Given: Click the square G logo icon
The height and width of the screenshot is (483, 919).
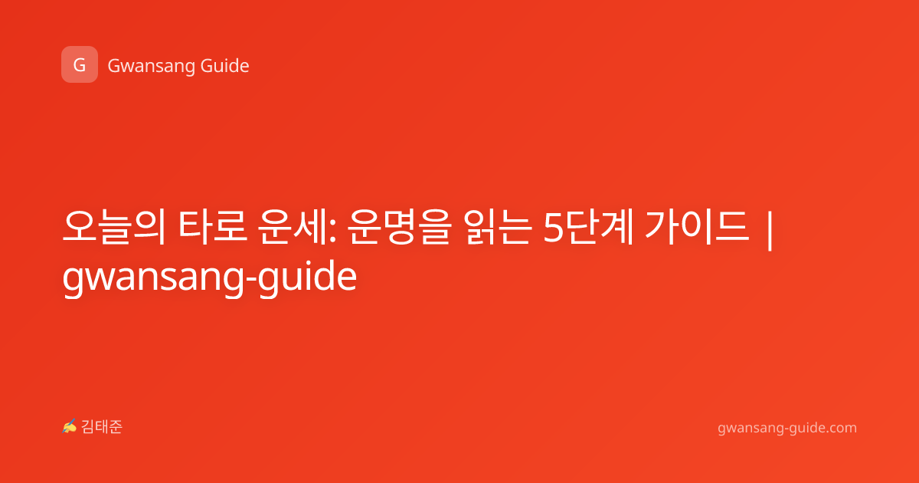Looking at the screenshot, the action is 80,64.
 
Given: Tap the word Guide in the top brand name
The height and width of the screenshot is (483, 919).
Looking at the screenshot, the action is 225,66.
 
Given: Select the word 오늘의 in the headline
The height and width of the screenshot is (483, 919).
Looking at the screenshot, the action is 114,227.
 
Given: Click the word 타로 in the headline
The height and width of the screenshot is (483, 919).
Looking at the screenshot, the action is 213,226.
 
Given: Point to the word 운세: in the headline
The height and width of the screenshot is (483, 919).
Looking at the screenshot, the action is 297,227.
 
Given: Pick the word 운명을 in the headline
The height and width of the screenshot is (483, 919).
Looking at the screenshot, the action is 400,227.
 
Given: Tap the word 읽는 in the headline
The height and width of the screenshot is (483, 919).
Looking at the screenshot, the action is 498,227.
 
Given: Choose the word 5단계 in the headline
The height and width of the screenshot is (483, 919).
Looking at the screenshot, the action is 588,227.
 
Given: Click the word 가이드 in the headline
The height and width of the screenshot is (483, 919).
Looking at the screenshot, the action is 697,227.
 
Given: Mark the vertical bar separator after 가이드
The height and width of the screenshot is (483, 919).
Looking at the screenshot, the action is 769,230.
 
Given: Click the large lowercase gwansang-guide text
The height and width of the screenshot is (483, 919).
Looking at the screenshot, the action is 210,278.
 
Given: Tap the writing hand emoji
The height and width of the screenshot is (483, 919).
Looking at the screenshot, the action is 70,426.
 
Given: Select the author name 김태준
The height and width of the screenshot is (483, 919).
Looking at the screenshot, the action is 102,427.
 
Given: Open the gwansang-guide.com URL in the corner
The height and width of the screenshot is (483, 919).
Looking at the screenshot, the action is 787,429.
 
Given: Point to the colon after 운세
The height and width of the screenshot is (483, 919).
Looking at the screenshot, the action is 332,232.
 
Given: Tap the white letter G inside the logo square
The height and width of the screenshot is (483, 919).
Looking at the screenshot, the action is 80,65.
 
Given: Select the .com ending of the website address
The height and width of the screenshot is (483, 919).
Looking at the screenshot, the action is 842,428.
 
